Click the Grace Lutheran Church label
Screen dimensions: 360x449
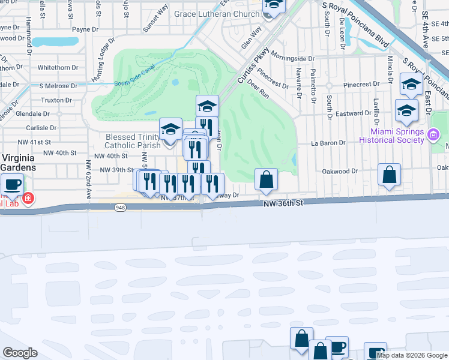pyautogui.click(x=217, y=14)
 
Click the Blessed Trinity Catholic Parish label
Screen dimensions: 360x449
pyautogui.click(x=133, y=141)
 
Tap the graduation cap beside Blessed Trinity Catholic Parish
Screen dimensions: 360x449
pyautogui.click(x=170, y=130)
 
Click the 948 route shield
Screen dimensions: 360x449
pyautogui.click(x=120, y=207)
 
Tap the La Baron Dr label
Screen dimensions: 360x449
pyautogui.click(x=328, y=143)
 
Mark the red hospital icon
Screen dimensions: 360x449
pyautogui.click(x=28, y=198)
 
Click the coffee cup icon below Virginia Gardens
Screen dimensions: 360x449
pyautogui.click(x=12, y=185)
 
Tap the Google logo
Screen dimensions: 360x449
pyautogui.click(x=19, y=353)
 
